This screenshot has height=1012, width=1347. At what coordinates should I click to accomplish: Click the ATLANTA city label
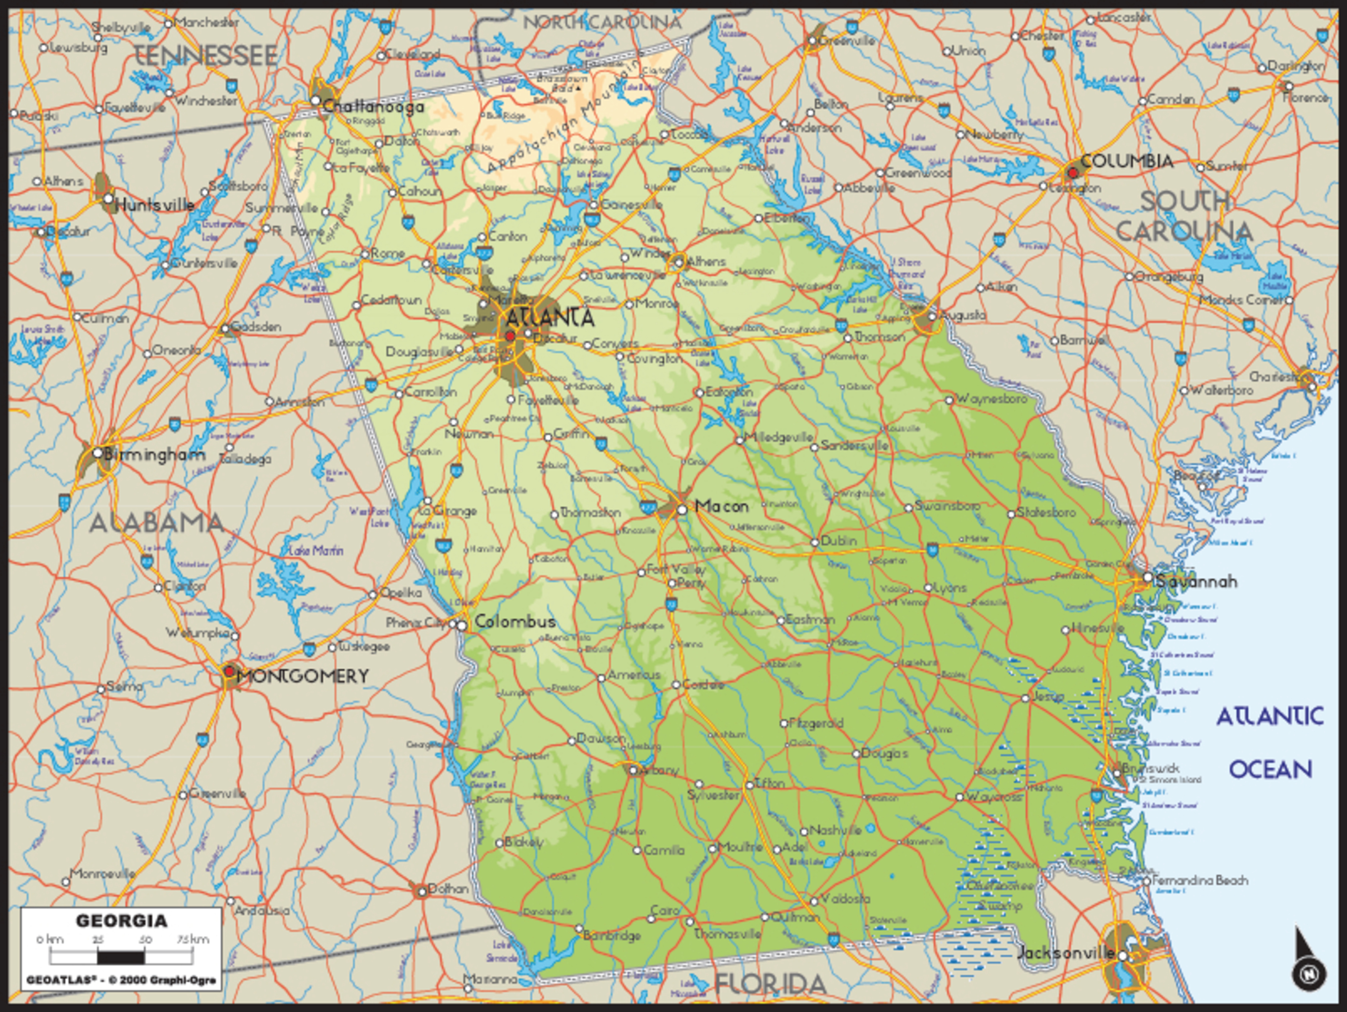pyautogui.click(x=550, y=318)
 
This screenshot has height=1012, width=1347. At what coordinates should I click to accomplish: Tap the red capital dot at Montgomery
pyautogui.click(x=229, y=672)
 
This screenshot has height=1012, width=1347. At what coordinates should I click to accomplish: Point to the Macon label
pyautogui.click(x=721, y=506)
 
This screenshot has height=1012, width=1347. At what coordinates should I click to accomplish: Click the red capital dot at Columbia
pyautogui.click(x=1073, y=173)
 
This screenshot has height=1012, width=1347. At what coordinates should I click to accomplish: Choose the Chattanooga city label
pyautogui.click(x=373, y=107)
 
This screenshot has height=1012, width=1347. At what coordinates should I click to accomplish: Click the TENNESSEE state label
pyautogui.click(x=205, y=56)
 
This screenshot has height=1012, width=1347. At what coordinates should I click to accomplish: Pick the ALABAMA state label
pyautogui.click(x=157, y=523)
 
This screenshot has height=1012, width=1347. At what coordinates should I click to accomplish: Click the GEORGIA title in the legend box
pyautogui.click(x=121, y=921)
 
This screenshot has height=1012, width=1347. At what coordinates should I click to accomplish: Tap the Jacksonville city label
pyautogui.click(x=1066, y=954)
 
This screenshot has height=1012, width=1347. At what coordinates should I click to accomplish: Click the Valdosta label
pyautogui.click(x=845, y=899)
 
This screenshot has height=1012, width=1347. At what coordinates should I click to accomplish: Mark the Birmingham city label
pyautogui.click(x=154, y=455)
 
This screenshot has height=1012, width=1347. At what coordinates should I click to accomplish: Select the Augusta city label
pyautogui.click(x=963, y=316)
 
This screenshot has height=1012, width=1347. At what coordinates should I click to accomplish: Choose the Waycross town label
pyautogui.click(x=993, y=797)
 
